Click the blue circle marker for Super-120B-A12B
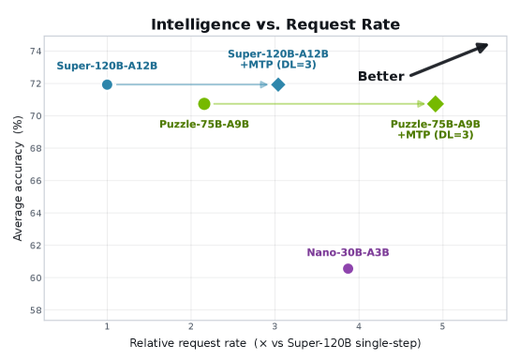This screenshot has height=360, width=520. [x=107, y=84]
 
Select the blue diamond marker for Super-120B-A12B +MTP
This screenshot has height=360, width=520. [x=278, y=84]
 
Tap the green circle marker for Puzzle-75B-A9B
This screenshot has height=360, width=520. [x=204, y=104]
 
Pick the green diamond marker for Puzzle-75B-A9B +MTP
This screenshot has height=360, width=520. [x=436, y=104]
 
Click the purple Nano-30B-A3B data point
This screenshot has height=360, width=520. [x=348, y=268]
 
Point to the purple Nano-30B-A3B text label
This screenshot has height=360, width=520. [x=348, y=252]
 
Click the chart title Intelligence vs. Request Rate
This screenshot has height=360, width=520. [x=275, y=24]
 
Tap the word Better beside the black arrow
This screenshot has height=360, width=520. [x=381, y=76]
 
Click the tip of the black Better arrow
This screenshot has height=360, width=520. [x=488, y=44]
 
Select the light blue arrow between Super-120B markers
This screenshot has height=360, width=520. [x=192, y=84]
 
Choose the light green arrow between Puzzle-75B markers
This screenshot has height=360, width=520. [x=319, y=104]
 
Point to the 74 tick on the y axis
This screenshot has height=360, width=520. [x=36, y=52]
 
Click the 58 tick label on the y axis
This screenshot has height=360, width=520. [x=36, y=310]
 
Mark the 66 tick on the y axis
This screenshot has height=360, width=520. [x=36, y=181]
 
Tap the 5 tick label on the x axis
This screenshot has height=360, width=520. [x=442, y=327]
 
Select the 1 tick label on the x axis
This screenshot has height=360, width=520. [x=107, y=327]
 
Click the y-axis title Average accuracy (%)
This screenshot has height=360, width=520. [x=18, y=178]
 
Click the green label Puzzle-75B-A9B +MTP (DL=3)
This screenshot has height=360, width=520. [x=436, y=129]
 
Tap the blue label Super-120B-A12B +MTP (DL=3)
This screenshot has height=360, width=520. [x=278, y=59]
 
